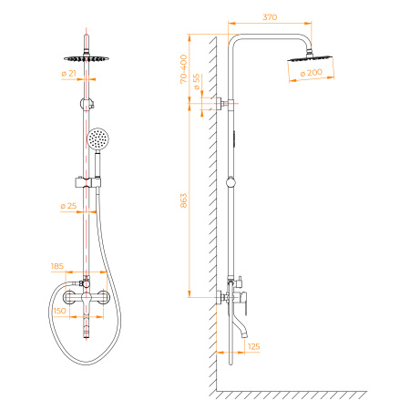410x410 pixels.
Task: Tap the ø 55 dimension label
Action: click(x=198, y=83)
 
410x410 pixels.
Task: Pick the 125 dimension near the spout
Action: click(x=253, y=346)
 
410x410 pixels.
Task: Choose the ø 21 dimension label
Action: click(x=68, y=72)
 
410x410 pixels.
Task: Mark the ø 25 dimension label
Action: click(x=68, y=206)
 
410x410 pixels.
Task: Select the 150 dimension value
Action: click(x=60, y=311)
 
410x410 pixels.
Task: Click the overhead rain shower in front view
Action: click(x=88, y=51)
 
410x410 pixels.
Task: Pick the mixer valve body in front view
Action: click(x=87, y=298)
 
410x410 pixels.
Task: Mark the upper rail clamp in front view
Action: click(x=87, y=99)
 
